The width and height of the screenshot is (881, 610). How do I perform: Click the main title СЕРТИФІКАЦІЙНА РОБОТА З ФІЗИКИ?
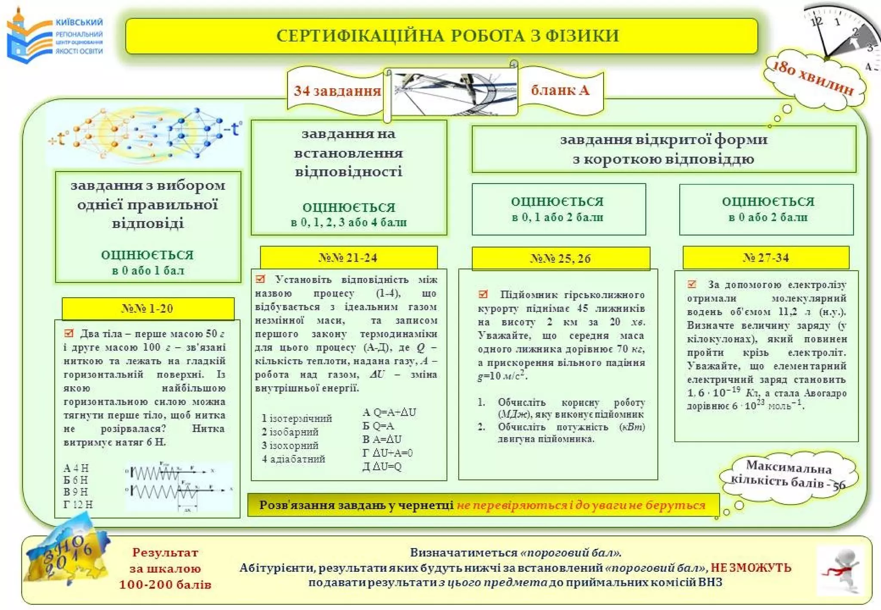click(x=447, y=36)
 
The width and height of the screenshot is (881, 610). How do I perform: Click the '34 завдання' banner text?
click(x=337, y=91)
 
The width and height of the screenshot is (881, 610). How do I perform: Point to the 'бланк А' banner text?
click(x=560, y=90)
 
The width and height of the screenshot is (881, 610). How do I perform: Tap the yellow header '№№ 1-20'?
click(x=148, y=308)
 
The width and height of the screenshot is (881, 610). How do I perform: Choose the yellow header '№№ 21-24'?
click(x=348, y=258)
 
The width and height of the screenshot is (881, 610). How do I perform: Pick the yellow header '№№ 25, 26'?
click(x=560, y=259)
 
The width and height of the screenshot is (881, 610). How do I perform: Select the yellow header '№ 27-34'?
click(x=766, y=258)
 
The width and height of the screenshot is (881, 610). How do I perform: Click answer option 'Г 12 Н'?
click(x=78, y=504)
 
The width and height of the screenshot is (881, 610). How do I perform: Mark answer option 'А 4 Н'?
click(x=76, y=468)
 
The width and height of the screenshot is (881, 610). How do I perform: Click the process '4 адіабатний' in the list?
click(x=294, y=459)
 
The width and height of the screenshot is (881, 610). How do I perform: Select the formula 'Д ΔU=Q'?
click(x=382, y=466)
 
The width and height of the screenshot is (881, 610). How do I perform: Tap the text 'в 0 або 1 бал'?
click(x=148, y=271)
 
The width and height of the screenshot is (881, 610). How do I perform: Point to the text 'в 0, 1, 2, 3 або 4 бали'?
click(x=348, y=222)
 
